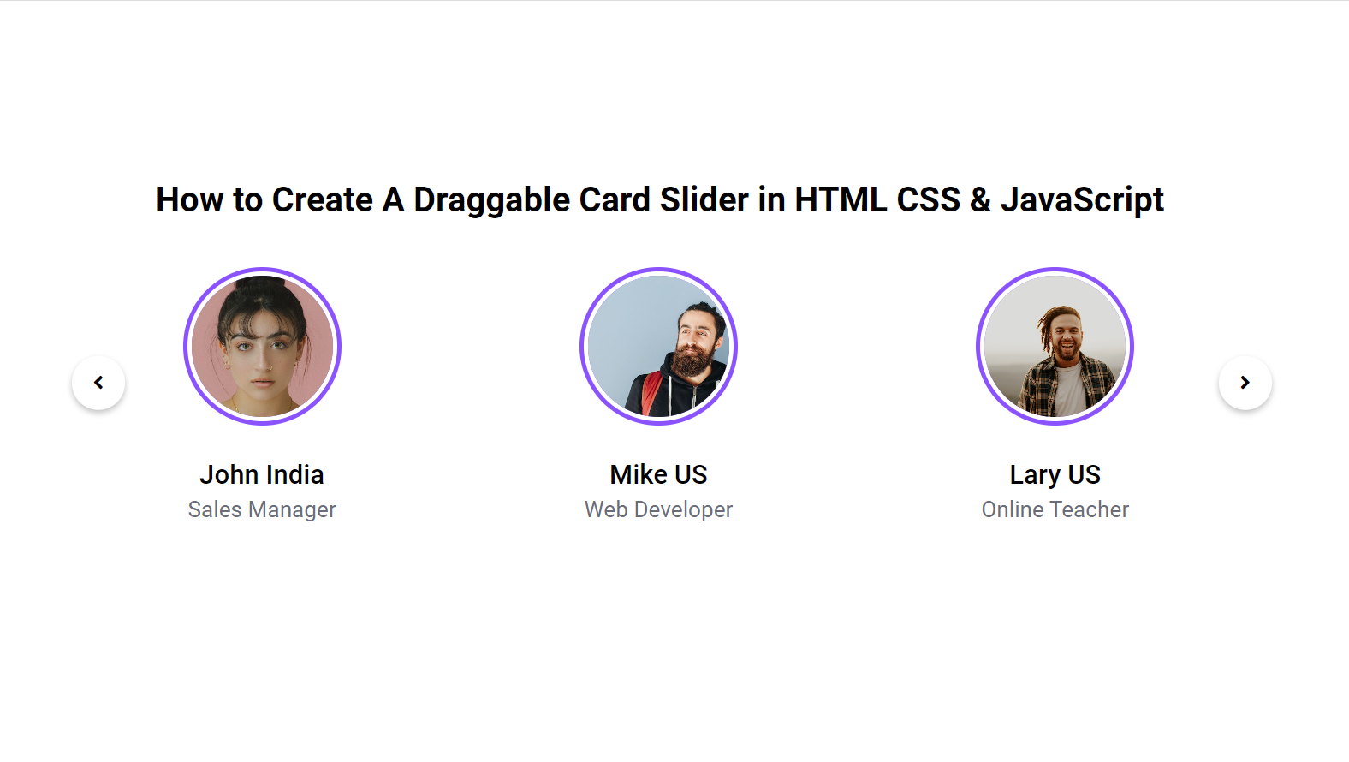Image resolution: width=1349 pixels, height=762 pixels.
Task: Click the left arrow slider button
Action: (98, 383)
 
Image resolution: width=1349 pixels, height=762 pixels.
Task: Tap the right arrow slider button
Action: (1245, 383)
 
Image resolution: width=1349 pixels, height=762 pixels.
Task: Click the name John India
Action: (262, 474)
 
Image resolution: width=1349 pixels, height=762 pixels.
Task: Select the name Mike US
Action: (658, 474)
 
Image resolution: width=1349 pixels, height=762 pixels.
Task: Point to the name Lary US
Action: (1055, 474)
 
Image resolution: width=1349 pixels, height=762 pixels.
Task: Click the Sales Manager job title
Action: (262, 509)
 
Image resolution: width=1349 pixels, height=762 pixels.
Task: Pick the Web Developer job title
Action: (658, 509)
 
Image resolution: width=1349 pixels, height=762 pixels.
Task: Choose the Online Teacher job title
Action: (1055, 509)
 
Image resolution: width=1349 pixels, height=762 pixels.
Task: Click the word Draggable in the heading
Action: (491, 200)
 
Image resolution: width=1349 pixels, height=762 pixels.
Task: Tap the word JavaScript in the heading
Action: (1082, 200)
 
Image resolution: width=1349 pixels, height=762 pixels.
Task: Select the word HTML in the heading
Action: (841, 199)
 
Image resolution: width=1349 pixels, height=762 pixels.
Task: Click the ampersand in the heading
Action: (980, 199)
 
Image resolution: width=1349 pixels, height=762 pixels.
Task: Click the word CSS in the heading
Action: (928, 199)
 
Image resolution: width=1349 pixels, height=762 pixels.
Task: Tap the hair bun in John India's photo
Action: (261, 288)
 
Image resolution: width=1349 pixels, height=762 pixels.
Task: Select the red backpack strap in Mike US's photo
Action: (651, 393)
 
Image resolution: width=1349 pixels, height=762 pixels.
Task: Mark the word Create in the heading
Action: (322, 199)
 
